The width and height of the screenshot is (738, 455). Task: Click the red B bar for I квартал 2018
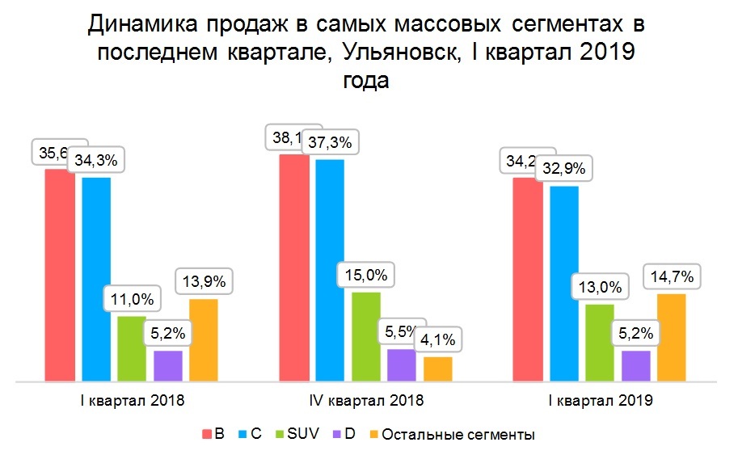pos(59,275)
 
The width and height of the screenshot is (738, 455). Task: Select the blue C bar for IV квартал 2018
pos(330,270)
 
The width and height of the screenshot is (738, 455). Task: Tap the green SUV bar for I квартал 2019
pos(600,342)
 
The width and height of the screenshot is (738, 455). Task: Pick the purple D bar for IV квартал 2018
pos(402,364)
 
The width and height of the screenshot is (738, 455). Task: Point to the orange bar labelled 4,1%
pos(438,369)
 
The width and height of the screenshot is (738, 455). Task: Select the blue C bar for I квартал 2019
pos(563,283)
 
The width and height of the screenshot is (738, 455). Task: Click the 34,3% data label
pos(96,160)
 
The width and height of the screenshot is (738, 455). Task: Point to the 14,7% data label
pos(673,276)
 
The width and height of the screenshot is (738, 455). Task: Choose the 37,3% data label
pos(330,143)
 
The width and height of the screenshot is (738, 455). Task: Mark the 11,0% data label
pos(133,299)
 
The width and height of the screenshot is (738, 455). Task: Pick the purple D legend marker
pos(335,435)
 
